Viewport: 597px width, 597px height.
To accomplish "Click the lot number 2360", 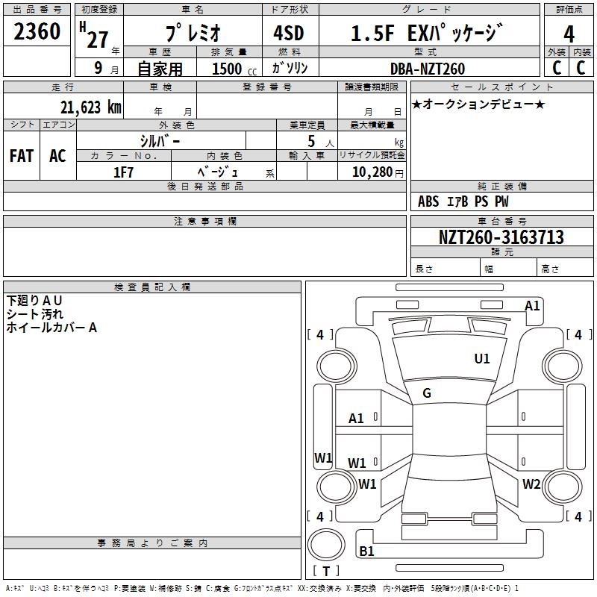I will [37, 33].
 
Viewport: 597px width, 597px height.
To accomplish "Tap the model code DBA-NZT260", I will [428, 69].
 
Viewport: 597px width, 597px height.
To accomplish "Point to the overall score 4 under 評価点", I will [569, 34].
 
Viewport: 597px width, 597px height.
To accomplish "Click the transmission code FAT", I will [22, 156].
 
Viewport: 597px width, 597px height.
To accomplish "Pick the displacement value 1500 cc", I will [232, 69].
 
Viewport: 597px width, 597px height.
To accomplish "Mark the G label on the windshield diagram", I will [427, 393].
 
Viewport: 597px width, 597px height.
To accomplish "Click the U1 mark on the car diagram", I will [482, 359].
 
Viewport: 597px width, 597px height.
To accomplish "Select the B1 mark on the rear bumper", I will [366, 551].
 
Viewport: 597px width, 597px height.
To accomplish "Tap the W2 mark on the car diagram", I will [531, 484].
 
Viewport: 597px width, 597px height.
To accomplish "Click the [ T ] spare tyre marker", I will [326, 572].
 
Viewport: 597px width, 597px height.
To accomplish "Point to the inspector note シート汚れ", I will [35, 314].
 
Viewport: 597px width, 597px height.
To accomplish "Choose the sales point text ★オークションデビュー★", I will [478, 104].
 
